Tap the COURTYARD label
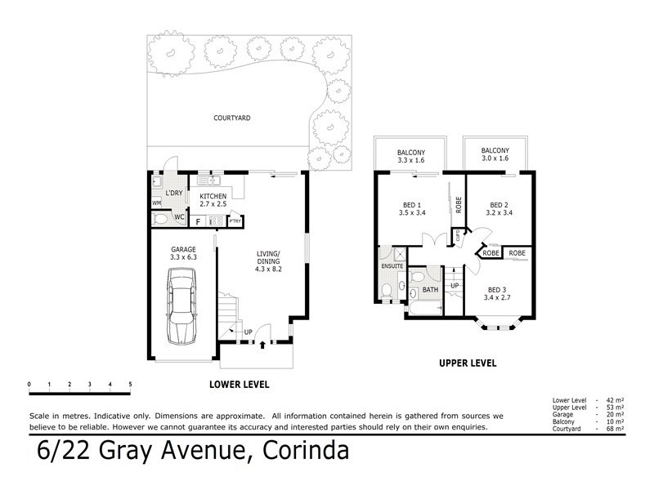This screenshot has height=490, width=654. (x=231, y=118)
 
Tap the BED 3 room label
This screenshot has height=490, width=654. (x=497, y=293)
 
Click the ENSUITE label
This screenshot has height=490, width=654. (x=393, y=266)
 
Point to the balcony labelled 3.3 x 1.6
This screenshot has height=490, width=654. (x=411, y=156)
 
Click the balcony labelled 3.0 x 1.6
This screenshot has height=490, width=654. (x=495, y=155)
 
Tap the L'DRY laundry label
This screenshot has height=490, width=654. (x=173, y=193)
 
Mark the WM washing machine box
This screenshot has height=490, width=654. (x=156, y=203)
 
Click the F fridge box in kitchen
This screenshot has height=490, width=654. (x=197, y=220)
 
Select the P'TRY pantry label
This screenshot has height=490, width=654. (x=235, y=220)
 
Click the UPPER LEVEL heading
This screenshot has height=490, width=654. (x=467, y=363)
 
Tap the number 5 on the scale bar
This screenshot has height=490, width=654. (x=130, y=383)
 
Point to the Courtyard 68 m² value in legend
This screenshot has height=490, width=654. (x=613, y=428)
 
